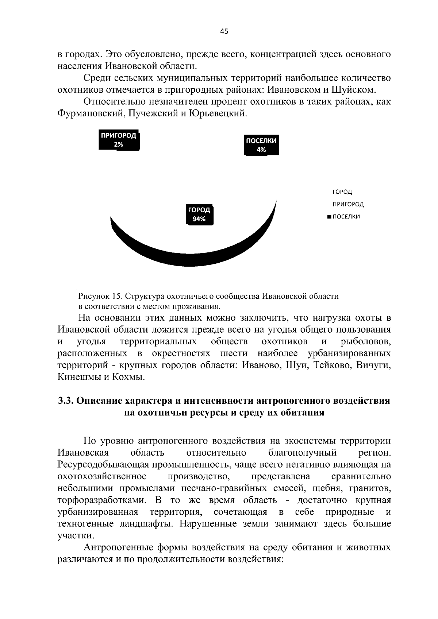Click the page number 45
224,32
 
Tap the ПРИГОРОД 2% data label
119,140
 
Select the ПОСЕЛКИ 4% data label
261,145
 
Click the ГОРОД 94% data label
199,214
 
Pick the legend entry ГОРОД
342,192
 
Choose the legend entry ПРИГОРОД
348,204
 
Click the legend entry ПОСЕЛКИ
346,217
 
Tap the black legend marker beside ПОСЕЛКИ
329,217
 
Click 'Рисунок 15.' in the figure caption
97,296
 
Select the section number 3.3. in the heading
66,401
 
